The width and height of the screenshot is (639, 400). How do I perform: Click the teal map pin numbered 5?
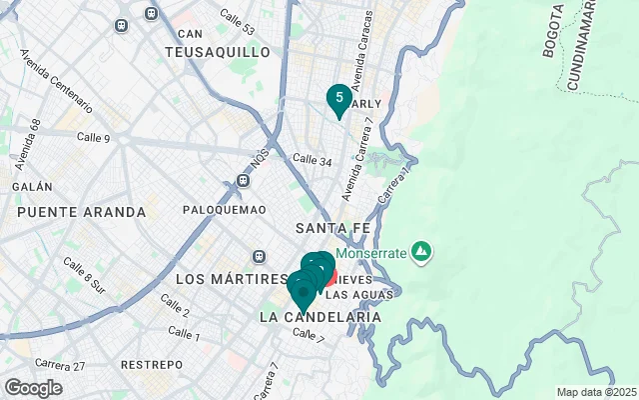tap(339, 98)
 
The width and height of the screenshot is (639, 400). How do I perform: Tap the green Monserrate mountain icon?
tap(421, 249)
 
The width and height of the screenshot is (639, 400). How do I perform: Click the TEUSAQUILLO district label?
tap(218, 51)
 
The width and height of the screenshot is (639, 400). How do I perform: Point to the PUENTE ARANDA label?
tap(81, 212)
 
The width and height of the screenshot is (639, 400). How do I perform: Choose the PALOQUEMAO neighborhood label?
tap(225, 210)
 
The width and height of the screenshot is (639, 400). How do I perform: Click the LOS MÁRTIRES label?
tap(224, 278)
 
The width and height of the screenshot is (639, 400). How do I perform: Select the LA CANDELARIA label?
tap(319, 317)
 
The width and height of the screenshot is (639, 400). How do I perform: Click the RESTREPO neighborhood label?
tap(151, 365)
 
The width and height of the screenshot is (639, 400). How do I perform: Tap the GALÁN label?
tap(31, 187)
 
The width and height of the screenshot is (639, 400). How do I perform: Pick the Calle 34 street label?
tap(312, 160)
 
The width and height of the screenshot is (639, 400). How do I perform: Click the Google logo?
tap(33, 388)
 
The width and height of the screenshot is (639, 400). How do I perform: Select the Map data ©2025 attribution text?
tap(595, 392)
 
